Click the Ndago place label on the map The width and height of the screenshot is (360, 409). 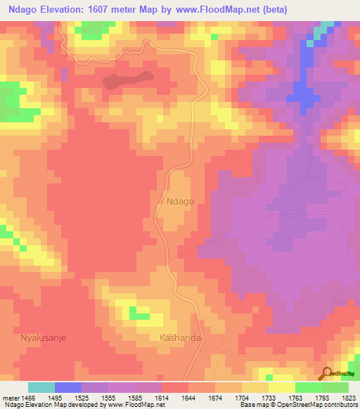(181, 201)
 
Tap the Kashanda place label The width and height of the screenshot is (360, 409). (181, 338)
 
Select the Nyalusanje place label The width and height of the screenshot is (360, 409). (44, 337)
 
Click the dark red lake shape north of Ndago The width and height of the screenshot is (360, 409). (127, 79)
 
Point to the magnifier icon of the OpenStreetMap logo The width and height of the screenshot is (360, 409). (326, 373)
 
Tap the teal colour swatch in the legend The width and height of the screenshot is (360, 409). (41, 387)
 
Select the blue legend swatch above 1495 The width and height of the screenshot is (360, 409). (68, 387)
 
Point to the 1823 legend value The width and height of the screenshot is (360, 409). (349, 398)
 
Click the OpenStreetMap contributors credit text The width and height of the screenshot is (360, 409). (316, 405)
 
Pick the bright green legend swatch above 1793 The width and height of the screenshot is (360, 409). (309, 387)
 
